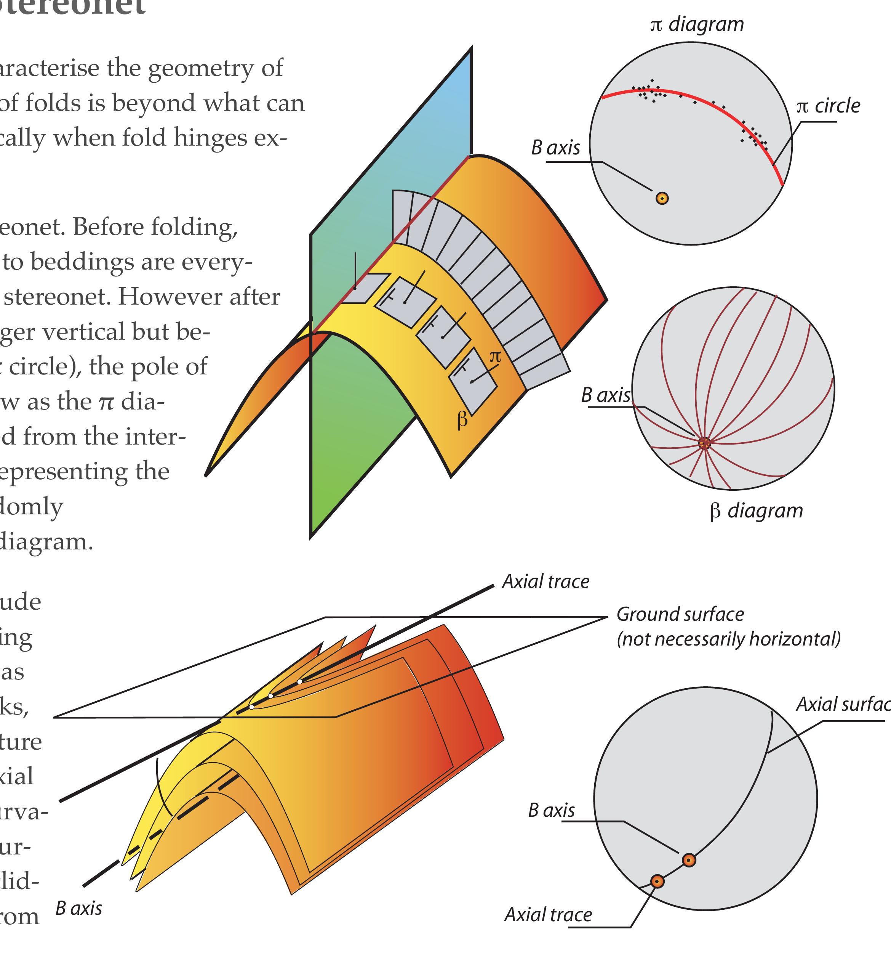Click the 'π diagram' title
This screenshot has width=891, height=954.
(x=696, y=24)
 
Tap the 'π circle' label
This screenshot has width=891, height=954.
(x=828, y=106)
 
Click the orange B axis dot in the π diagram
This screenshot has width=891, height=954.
(x=662, y=198)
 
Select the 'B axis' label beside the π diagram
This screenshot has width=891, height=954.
(x=555, y=148)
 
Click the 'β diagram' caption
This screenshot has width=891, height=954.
(x=756, y=511)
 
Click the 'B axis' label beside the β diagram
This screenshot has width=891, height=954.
(x=605, y=395)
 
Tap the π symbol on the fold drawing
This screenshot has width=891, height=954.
(x=495, y=357)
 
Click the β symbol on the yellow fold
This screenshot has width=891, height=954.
(x=462, y=420)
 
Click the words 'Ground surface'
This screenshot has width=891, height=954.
(x=680, y=614)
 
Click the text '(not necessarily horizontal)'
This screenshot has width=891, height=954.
(x=728, y=639)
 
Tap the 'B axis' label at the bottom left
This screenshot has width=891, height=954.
(x=78, y=908)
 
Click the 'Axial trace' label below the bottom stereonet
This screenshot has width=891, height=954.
(x=548, y=915)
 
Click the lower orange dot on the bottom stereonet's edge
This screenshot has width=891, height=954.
(x=657, y=881)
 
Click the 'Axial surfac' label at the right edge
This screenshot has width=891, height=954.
(x=842, y=704)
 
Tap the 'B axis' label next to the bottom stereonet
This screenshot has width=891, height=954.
(x=551, y=810)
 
